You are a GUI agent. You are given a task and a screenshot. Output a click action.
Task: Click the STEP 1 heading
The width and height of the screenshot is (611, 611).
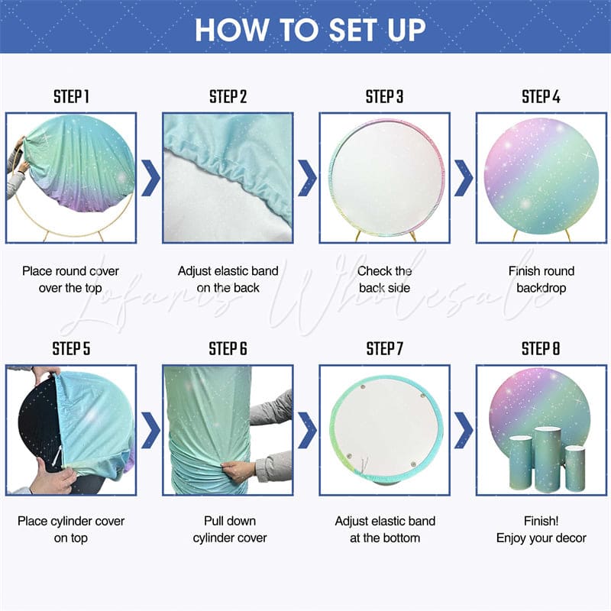click(x=71, y=97)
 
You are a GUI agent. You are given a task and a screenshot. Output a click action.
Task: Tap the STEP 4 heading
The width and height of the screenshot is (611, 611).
click(x=541, y=97)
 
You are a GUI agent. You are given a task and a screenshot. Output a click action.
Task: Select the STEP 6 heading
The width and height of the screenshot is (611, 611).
click(x=228, y=349)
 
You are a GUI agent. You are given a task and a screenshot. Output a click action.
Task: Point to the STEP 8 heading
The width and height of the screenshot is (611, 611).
click(x=541, y=349)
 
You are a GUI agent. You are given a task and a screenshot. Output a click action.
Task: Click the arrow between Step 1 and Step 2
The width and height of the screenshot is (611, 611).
click(x=150, y=178)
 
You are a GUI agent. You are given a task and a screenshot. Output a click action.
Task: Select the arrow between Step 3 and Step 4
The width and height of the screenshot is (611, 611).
click(x=463, y=178)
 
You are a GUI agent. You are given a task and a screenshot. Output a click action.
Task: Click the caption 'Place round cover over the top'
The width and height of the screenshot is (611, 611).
click(x=72, y=280)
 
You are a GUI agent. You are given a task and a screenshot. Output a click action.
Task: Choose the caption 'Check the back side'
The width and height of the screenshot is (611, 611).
click(x=384, y=280)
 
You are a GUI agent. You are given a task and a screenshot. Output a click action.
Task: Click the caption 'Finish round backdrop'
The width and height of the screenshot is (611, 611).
click(x=541, y=280)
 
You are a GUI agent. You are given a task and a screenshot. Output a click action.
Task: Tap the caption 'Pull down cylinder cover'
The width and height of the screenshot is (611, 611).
click(x=228, y=529)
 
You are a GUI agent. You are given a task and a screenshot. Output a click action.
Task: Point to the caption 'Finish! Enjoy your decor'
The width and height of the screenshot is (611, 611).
click(x=541, y=529)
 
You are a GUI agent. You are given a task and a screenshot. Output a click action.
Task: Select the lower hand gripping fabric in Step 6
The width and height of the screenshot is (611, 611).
click(x=243, y=470)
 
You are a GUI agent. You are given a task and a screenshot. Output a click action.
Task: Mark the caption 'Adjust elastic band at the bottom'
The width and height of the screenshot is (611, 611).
click(x=384, y=529)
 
